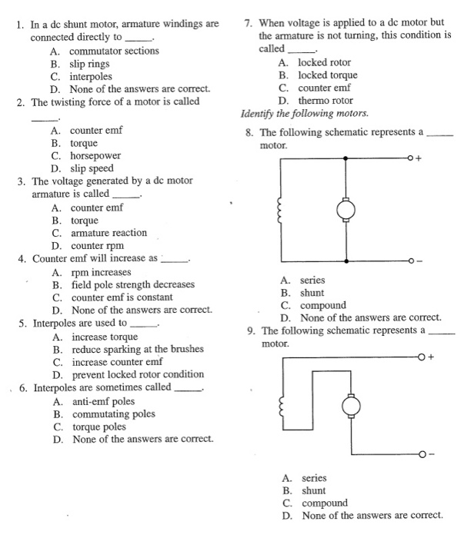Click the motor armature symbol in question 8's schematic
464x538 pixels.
345,208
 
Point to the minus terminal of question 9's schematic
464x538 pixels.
421,455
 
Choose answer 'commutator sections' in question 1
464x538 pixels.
115,51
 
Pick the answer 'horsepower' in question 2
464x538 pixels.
95,156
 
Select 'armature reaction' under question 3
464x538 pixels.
108,233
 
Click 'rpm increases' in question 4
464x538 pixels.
100,272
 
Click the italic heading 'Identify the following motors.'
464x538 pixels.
304,114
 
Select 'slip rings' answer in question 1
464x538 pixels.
90,64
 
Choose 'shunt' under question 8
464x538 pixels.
312,293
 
